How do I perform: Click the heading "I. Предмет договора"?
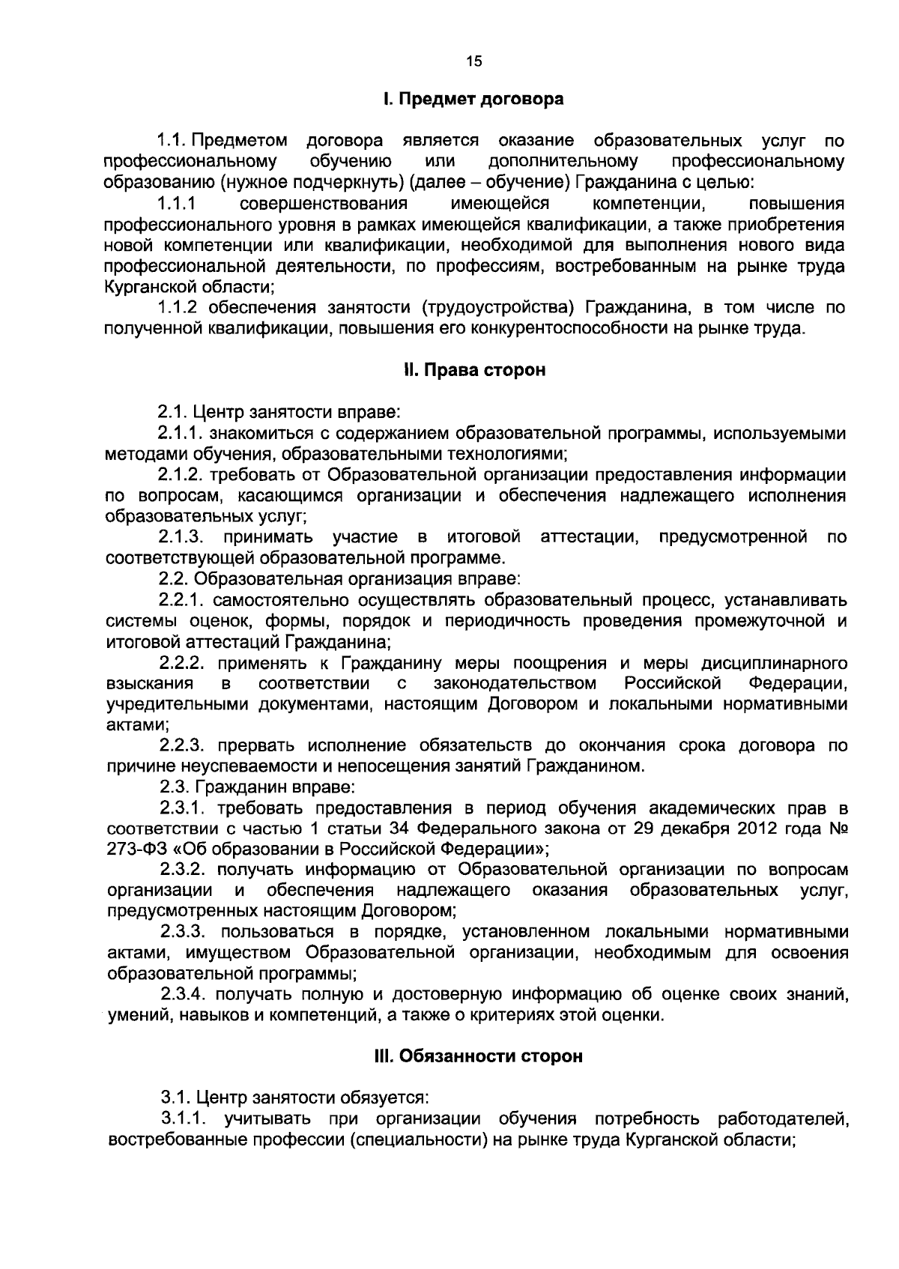pos(472,99)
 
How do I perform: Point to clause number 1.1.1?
pos(176,204)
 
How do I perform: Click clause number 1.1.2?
pos(179,307)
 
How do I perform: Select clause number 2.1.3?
pos(181,537)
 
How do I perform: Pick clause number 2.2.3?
pos(183,746)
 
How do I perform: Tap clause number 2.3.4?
pos(184,995)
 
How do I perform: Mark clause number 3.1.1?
pos(184,1120)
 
